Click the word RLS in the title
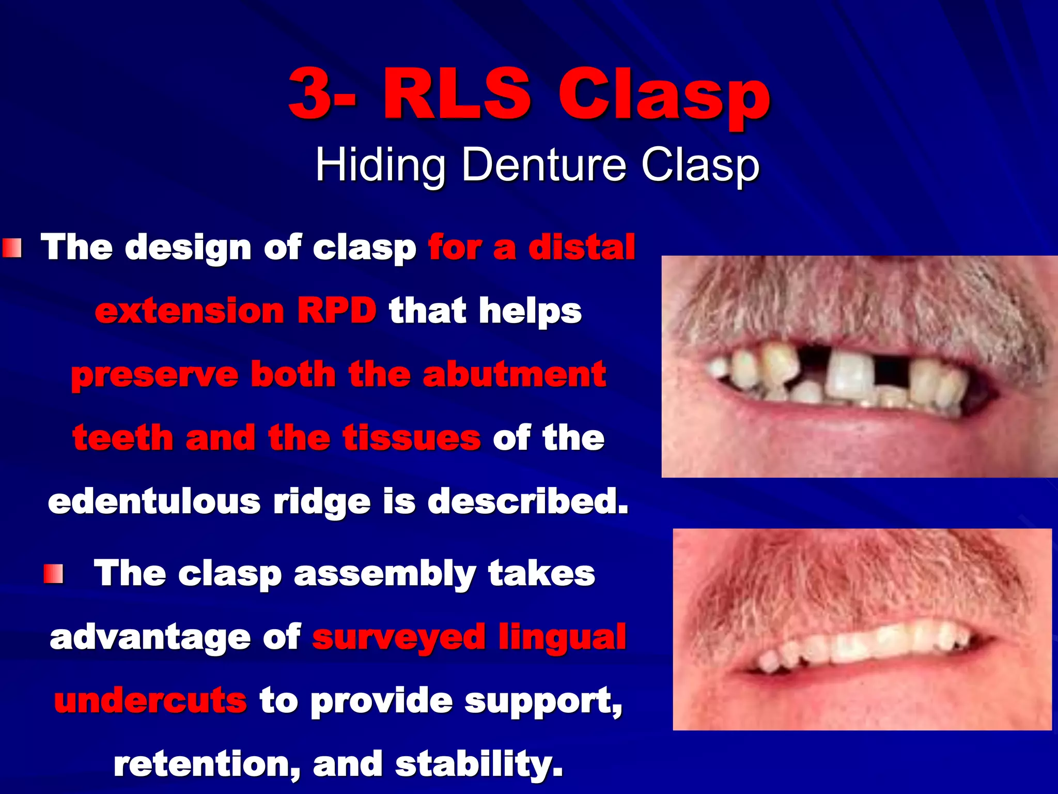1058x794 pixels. point(457,94)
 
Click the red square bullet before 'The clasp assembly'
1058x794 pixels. point(53,574)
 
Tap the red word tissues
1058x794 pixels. point(412,438)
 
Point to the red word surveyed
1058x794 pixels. point(398,637)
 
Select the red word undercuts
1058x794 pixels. point(150,700)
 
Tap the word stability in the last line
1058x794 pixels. point(479,764)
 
